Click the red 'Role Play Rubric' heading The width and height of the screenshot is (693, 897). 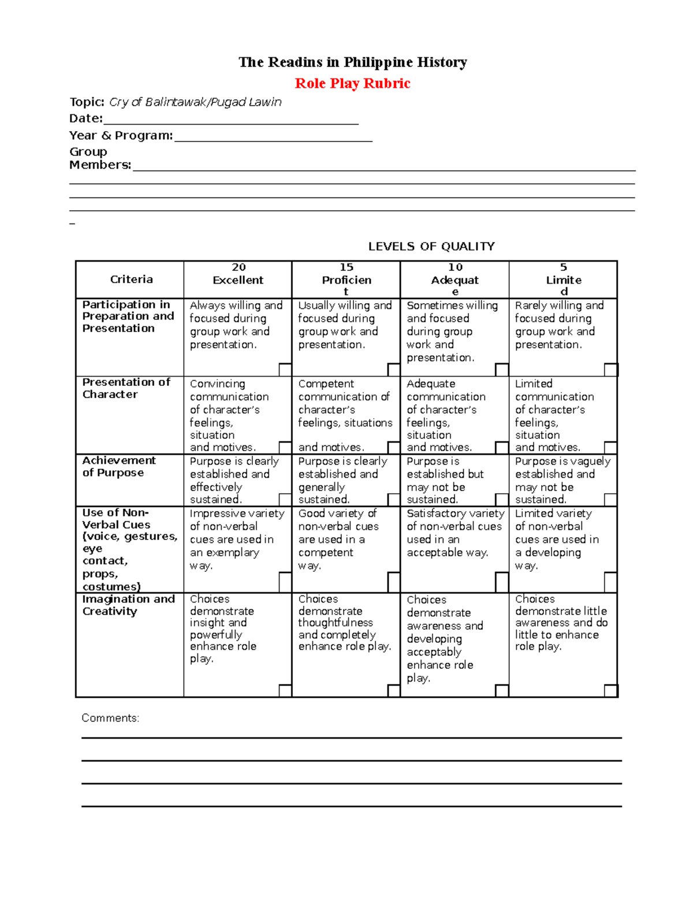click(352, 84)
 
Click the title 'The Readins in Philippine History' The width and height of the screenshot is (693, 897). click(352, 62)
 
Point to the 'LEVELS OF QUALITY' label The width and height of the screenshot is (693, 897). click(431, 247)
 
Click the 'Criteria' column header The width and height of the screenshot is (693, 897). click(132, 280)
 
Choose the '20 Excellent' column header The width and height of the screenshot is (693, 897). click(238, 274)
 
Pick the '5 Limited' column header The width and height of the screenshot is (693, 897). click(564, 280)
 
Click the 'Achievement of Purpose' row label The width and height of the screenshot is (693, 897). click(118, 467)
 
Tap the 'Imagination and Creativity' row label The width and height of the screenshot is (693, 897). click(128, 605)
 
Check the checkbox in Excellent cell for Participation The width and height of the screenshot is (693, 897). click(285, 370)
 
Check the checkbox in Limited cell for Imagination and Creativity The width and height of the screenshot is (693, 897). click(611, 690)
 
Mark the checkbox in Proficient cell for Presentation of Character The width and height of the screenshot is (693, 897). click(394, 448)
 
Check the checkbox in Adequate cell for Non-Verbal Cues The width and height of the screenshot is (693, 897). click(502, 582)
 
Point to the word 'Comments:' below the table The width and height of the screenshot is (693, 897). click(110, 718)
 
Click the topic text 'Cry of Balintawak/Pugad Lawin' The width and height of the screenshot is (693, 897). click(195, 102)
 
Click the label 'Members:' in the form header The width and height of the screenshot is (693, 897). click(100, 165)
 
